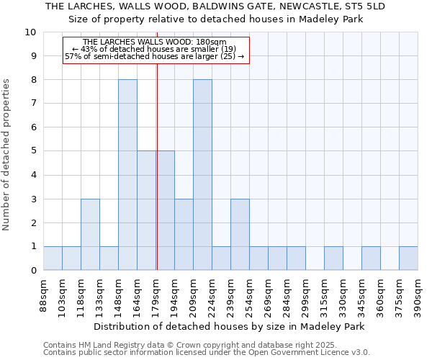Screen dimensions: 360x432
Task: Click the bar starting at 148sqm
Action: click(x=127, y=175)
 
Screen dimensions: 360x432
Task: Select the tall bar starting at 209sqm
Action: click(x=202, y=175)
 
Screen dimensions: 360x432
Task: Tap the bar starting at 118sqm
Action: click(x=90, y=235)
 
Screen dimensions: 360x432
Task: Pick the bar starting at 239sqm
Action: click(x=240, y=235)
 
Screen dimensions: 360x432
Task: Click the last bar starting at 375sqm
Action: click(x=408, y=258)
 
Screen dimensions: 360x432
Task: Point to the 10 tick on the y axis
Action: click(x=31, y=32)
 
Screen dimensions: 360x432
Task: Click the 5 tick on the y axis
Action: click(x=33, y=151)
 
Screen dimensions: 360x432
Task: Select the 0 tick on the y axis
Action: click(x=33, y=271)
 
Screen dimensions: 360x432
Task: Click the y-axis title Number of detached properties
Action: click(x=7, y=155)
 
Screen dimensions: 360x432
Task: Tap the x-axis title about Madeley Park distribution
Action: click(x=230, y=326)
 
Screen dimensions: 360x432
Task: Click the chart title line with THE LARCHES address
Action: click(x=215, y=6)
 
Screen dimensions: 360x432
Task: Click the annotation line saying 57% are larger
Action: click(x=155, y=56)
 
